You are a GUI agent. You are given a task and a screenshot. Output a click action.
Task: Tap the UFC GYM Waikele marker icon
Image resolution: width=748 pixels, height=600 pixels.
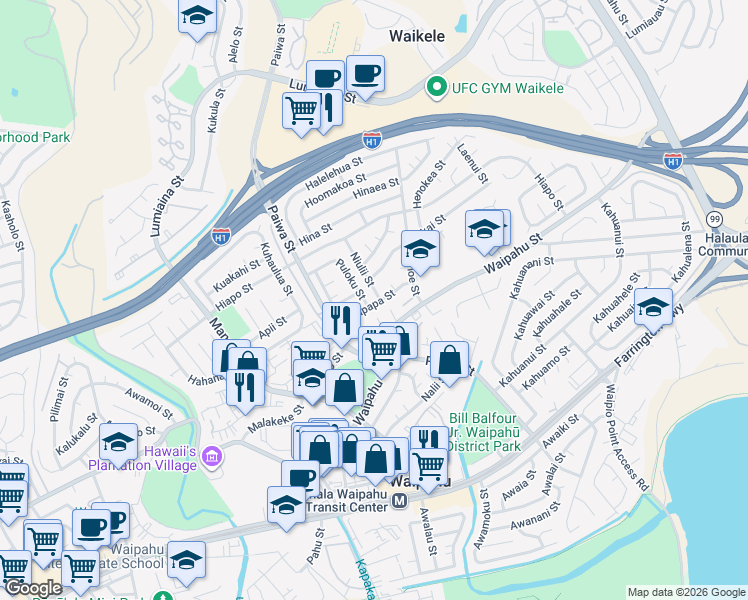click(436, 88)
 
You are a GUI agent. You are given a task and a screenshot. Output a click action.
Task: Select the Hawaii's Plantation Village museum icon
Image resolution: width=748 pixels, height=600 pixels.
click(211, 459)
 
